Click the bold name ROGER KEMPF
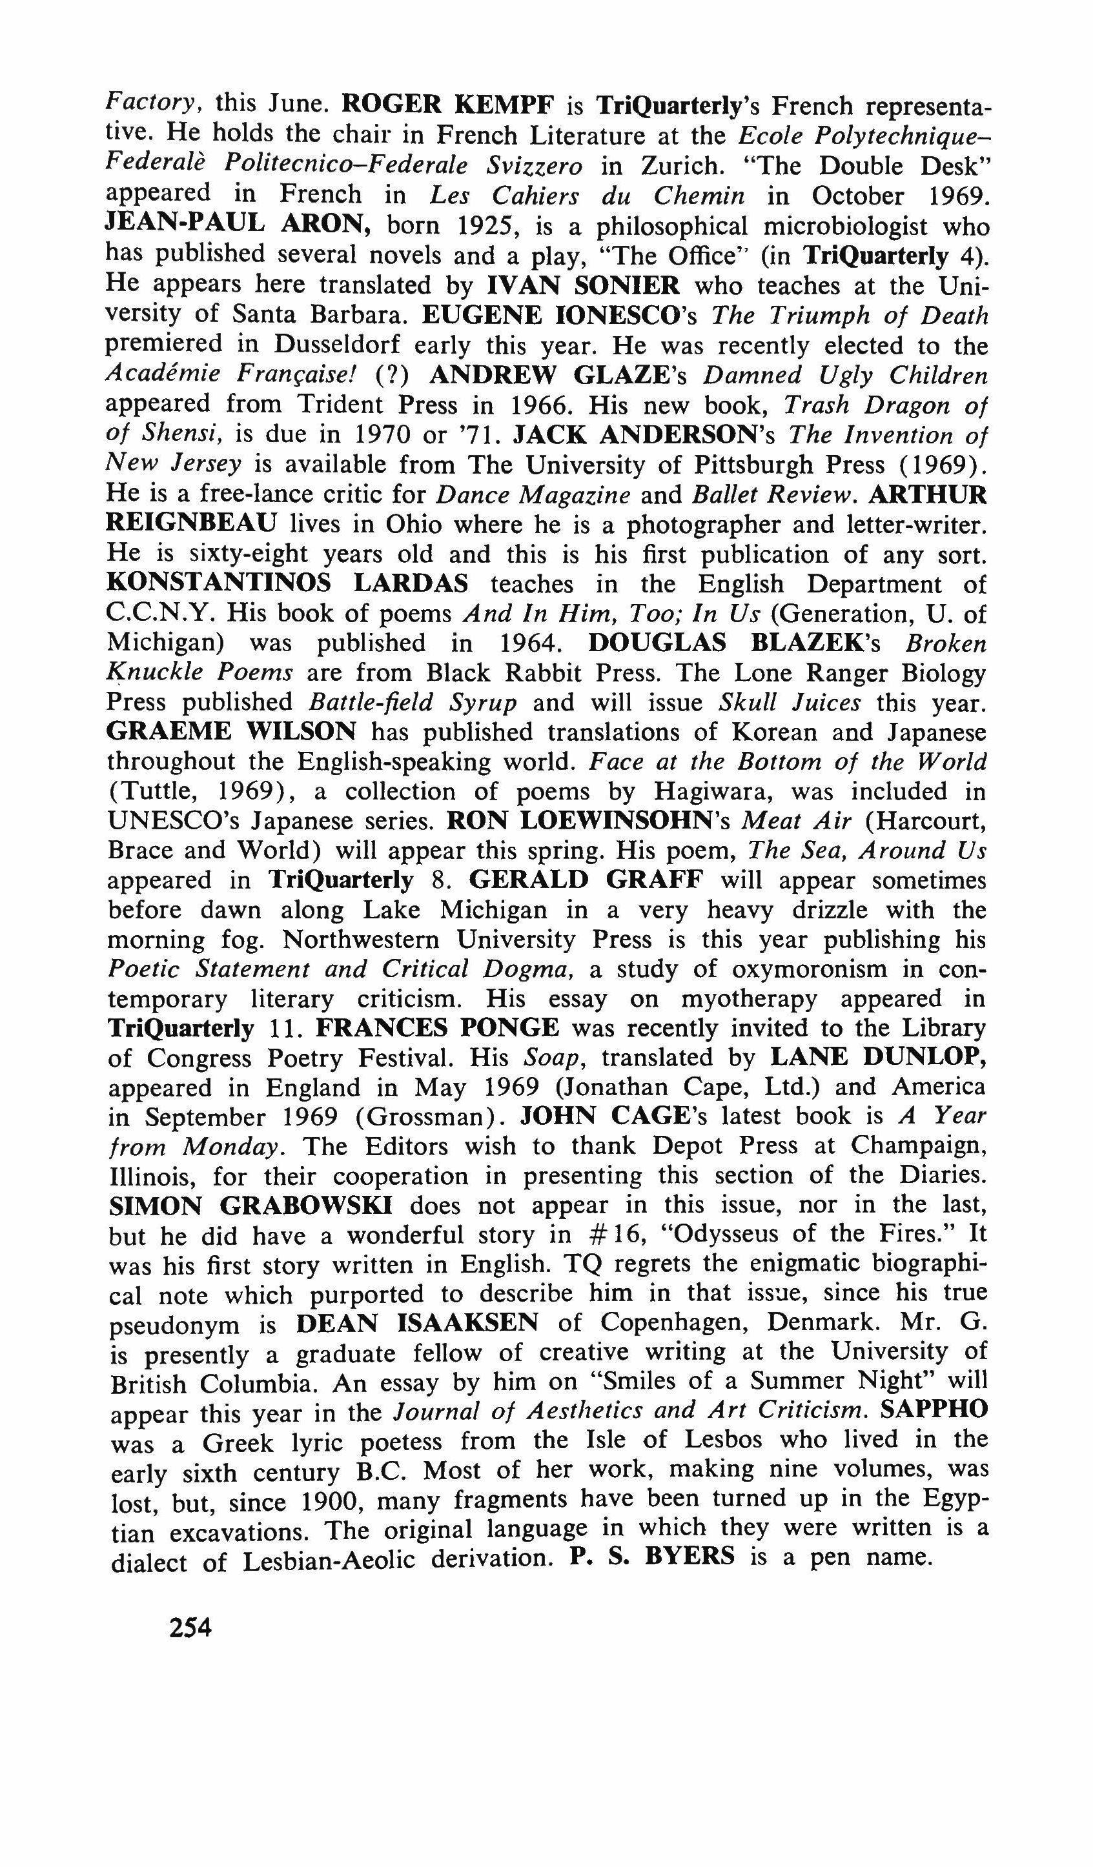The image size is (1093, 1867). click(447, 105)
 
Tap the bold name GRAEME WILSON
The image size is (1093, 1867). click(231, 731)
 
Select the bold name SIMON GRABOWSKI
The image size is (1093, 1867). click(250, 1206)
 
